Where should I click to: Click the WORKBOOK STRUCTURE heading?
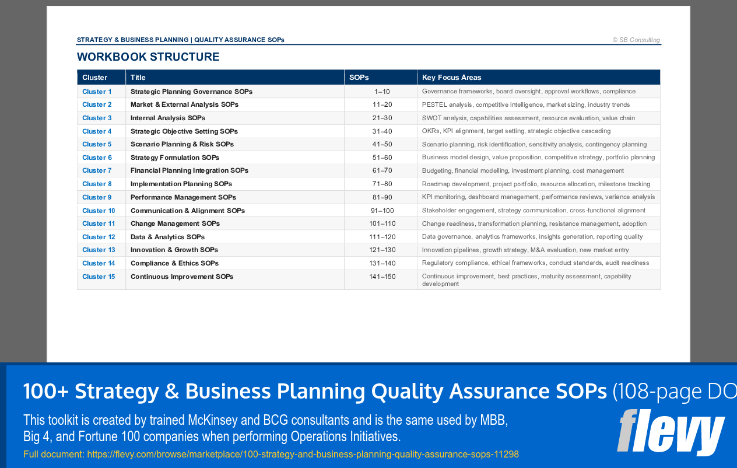point(148,57)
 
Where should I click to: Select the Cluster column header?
point(94,78)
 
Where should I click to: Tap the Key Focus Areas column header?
point(451,78)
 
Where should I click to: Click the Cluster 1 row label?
point(97,92)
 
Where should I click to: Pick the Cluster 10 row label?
point(99,211)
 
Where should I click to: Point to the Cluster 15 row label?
point(99,277)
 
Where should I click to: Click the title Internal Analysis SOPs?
point(168,118)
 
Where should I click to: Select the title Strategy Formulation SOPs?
point(175,158)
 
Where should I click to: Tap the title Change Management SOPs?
point(175,223)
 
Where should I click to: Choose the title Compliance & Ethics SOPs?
point(174,263)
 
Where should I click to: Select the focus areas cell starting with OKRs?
point(516,131)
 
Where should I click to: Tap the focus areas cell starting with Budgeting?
point(522,170)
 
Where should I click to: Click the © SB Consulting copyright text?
point(636,40)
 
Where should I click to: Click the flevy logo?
point(671,433)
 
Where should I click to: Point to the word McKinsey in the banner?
point(213,420)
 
